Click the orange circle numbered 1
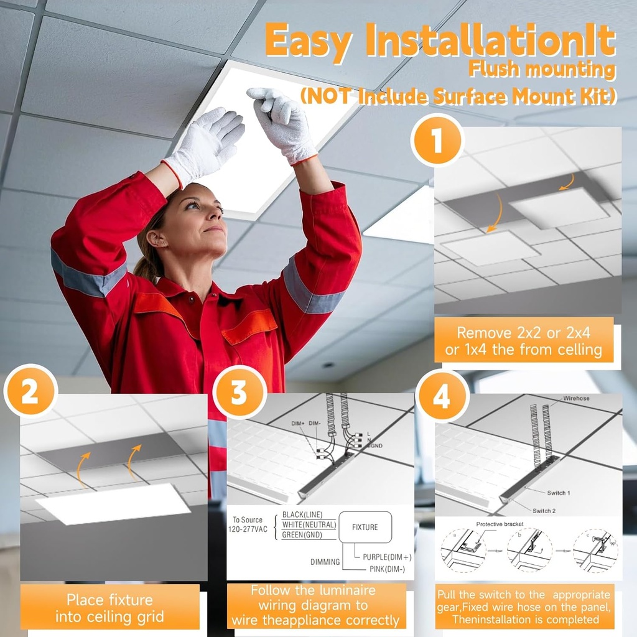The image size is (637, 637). point(437,141)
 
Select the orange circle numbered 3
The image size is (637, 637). point(239,392)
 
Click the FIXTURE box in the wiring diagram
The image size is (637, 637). point(365,527)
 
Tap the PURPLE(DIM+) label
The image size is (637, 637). point(386,557)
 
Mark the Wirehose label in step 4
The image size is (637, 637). point(576,398)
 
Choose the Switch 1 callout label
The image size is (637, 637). point(558,493)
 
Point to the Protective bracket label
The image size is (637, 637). point(499,524)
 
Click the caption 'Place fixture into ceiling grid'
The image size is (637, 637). point(109,608)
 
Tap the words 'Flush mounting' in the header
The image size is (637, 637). point(542,69)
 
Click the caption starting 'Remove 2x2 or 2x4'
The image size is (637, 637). point(524,341)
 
